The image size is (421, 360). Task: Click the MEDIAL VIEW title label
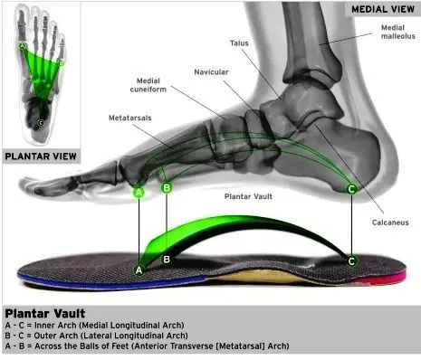[x=382, y=9]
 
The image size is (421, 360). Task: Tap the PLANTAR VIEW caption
[x=39, y=155]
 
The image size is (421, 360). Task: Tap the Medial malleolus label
[x=392, y=33]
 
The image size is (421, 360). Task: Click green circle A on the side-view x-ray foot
[x=139, y=192]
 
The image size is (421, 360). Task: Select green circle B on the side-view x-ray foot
[x=167, y=188]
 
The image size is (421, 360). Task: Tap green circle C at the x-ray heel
[x=351, y=188]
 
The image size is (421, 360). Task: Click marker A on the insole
[x=139, y=269]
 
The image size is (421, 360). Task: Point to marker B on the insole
[x=167, y=260]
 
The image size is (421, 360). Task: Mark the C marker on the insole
[x=351, y=261]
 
